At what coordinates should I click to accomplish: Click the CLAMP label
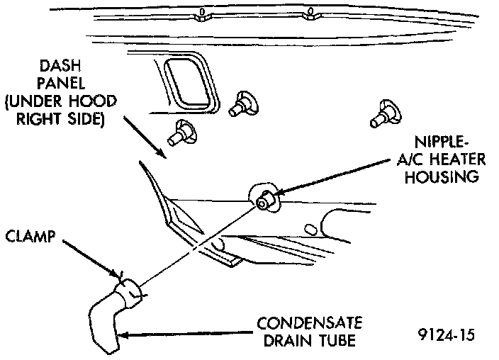tap(32, 235)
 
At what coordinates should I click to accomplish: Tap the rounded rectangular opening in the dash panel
tap(191, 79)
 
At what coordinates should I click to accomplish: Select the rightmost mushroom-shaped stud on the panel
tap(387, 111)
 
